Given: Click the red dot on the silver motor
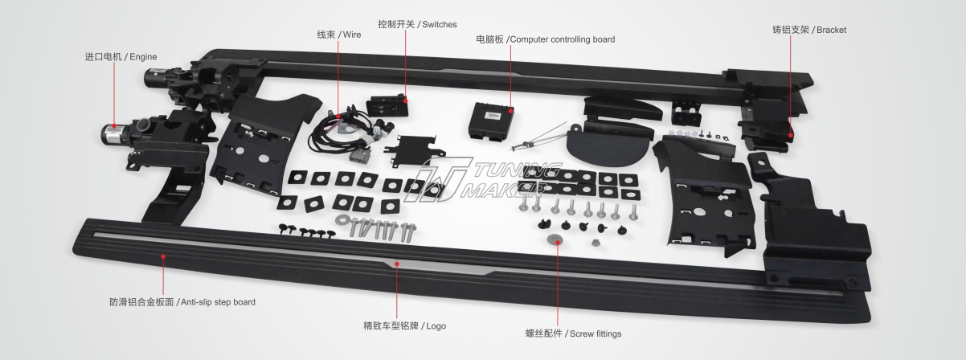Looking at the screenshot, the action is [114, 126].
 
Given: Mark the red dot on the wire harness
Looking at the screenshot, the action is [338, 117].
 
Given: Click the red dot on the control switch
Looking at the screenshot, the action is [406, 101].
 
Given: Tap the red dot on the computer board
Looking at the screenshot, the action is [511, 111].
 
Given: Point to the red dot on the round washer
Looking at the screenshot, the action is [558, 243].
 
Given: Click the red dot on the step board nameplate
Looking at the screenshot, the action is [397, 264].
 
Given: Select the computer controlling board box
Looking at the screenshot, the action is [492, 121].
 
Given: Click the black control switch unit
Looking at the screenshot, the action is [387, 105].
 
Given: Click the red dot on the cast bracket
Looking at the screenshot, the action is [791, 135].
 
